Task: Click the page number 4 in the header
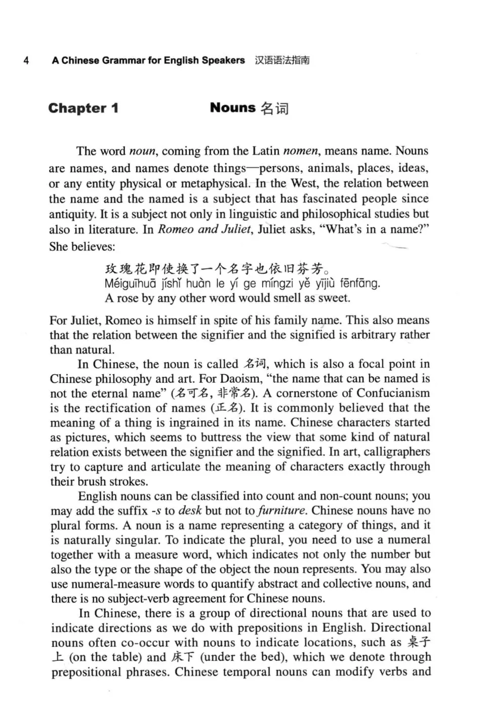pos(26,61)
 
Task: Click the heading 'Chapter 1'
pos(84,108)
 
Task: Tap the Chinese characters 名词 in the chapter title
pos(275,108)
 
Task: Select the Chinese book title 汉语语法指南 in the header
pos(282,61)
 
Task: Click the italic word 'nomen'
pos(301,151)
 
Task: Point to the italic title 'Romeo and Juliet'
pos(204,229)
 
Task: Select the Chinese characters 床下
pos(183,657)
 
